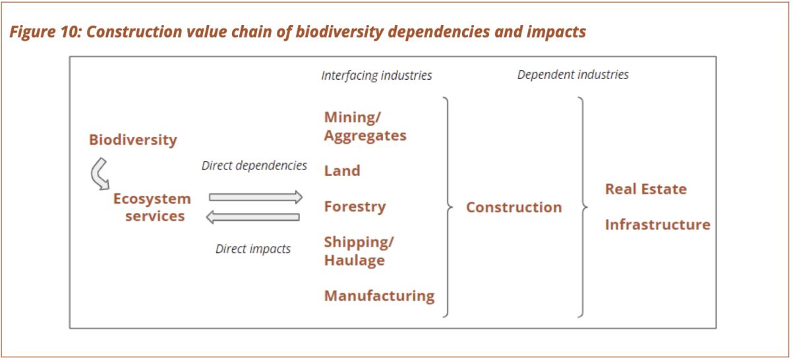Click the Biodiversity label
[x=133, y=140]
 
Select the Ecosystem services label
[x=152, y=207]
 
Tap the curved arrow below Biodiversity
[x=100, y=174]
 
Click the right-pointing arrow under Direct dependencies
[x=256, y=196]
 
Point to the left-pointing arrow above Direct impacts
[x=253, y=217]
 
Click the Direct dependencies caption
[x=254, y=165]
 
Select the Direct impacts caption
[x=253, y=249]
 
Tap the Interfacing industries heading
[x=376, y=75]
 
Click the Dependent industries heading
[x=573, y=75]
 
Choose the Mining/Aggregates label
[x=365, y=127]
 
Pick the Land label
[x=342, y=171]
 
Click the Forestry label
[x=355, y=206]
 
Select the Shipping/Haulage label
[x=359, y=251]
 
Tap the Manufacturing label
[x=379, y=295]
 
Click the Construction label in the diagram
[x=513, y=207]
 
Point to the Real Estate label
[x=645, y=189]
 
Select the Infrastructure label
[x=657, y=225]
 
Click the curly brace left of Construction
[x=448, y=207]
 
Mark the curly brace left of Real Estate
[x=583, y=207]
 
